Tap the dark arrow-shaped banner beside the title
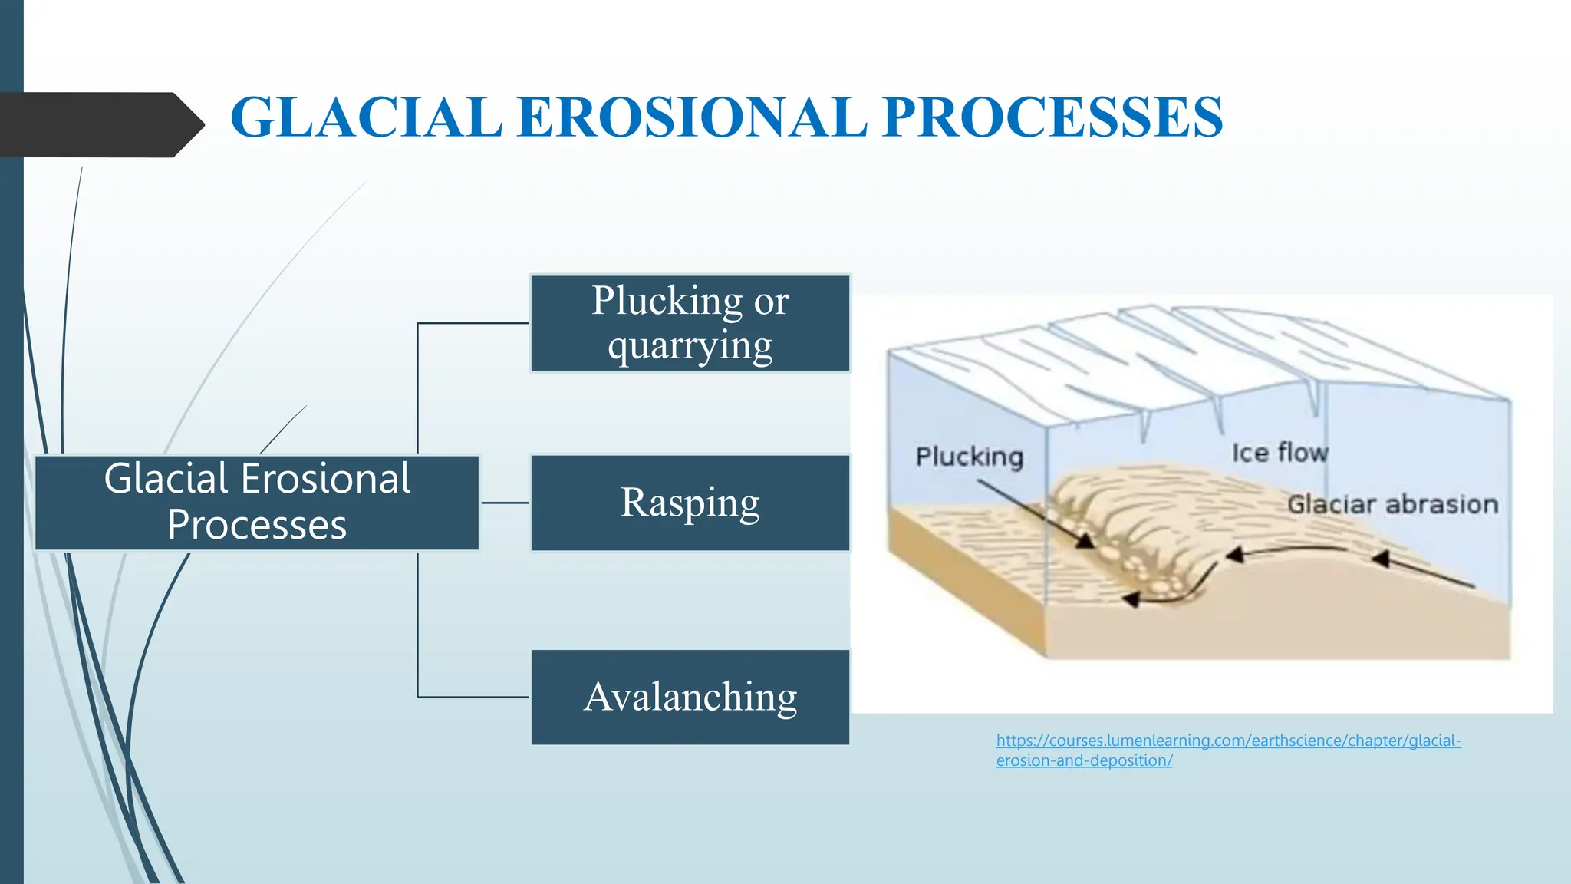(x=100, y=124)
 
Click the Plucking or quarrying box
(x=690, y=323)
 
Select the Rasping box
(x=690, y=503)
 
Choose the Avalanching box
(x=690, y=697)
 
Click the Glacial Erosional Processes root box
(x=257, y=503)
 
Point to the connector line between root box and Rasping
(x=505, y=503)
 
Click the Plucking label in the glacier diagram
(x=969, y=457)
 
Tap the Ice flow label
(x=1280, y=453)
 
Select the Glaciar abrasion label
(x=1392, y=504)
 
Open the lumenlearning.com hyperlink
(x=1227, y=741)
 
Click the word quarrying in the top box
(x=690, y=346)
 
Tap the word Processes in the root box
(x=257, y=526)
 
